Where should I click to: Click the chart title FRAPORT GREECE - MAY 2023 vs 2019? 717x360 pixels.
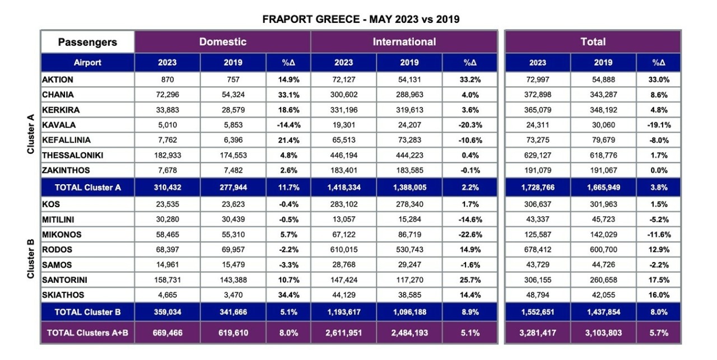(x=361, y=20)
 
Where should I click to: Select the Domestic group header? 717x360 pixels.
(x=222, y=42)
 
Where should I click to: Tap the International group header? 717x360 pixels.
(x=404, y=42)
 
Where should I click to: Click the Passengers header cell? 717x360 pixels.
(x=87, y=42)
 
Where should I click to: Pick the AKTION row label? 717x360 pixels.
(x=58, y=80)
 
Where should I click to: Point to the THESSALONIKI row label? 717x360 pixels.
(x=72, y=155)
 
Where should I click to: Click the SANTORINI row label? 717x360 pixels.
(x=64, y=280)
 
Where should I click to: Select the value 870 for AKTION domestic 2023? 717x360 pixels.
(x=167, y=80)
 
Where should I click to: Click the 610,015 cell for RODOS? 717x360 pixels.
(x=344, y=250)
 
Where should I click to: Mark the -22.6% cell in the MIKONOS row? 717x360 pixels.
(x=469, y=235)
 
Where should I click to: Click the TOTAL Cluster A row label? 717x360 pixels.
(x=87, y=188)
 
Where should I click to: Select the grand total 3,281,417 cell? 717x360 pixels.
(x=537, y=333)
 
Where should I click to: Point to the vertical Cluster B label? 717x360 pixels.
(x=31, y=258)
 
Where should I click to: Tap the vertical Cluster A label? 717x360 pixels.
(x=31, y=133)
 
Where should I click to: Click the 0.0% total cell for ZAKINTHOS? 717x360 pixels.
(x=659, y=170)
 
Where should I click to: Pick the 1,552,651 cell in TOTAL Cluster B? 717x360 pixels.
(x=537, y=312)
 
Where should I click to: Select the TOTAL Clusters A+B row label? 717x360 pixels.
(x=87, y=333)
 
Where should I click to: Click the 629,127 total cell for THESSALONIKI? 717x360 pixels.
(x=537, y=155)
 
